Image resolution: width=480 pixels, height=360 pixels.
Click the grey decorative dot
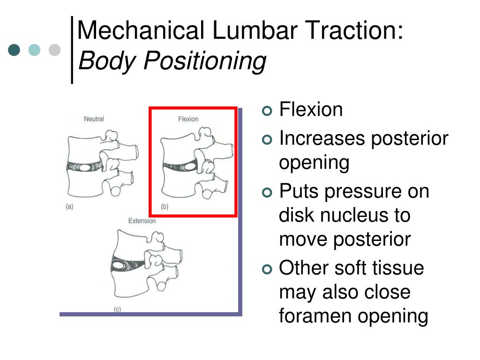pyautogui.click(x=55, y=50)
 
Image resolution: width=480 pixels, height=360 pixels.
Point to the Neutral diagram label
pyautogui.click(x=94, y=119)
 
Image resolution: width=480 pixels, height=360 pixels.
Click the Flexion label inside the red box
pyautogui.click(x=188, y=119)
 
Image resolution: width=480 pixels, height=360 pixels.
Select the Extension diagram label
pyautogui.click(x=142, y=221)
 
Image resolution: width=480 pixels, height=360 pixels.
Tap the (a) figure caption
pyautogui.click(x=69, y=206)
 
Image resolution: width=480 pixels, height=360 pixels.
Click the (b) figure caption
pyautogui.click(x=165, y=206)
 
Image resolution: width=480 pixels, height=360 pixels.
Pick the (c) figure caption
pyautogui.click(x=117, y=309)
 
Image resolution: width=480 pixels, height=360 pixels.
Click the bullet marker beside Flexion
pyautogui.click(x=267, y=111)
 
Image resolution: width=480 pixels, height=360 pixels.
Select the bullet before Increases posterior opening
pyautogui.click(x=267, y=140)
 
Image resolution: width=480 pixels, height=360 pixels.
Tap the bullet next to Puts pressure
pyautogui.click(x=267, y=193)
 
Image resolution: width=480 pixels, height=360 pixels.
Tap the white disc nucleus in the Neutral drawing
pyautogui.click(x=85, y=166)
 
